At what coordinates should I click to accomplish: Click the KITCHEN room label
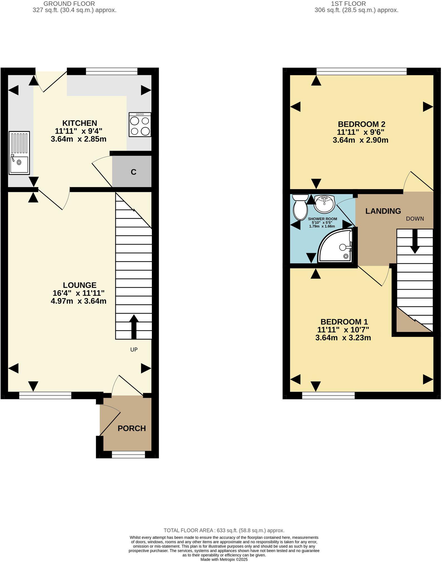(x=79, y=123)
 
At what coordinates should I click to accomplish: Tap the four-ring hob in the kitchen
(x=140, y=125)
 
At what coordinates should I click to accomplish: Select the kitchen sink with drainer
(x=19, y=153)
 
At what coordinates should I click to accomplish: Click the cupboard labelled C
(x=133, y=172)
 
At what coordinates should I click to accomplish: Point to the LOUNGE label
(x=79, y=285)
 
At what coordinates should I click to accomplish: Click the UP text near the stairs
(x=134, y=350)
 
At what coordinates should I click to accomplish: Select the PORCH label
(x=132, y=428)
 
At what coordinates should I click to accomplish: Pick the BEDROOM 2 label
(x=361, y=124)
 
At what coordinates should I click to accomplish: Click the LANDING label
(x=383, y=211)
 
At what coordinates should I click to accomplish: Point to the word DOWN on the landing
(x=415, y=219)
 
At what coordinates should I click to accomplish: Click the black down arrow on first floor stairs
(x=415, y=241)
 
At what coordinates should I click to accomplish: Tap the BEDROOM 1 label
(x=344, y=322)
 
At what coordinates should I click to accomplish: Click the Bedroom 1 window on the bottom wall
(x=328, y=395)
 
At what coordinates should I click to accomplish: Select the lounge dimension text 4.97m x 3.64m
(x=79, y=301)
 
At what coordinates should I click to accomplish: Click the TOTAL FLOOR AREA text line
(x=224, y=531)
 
